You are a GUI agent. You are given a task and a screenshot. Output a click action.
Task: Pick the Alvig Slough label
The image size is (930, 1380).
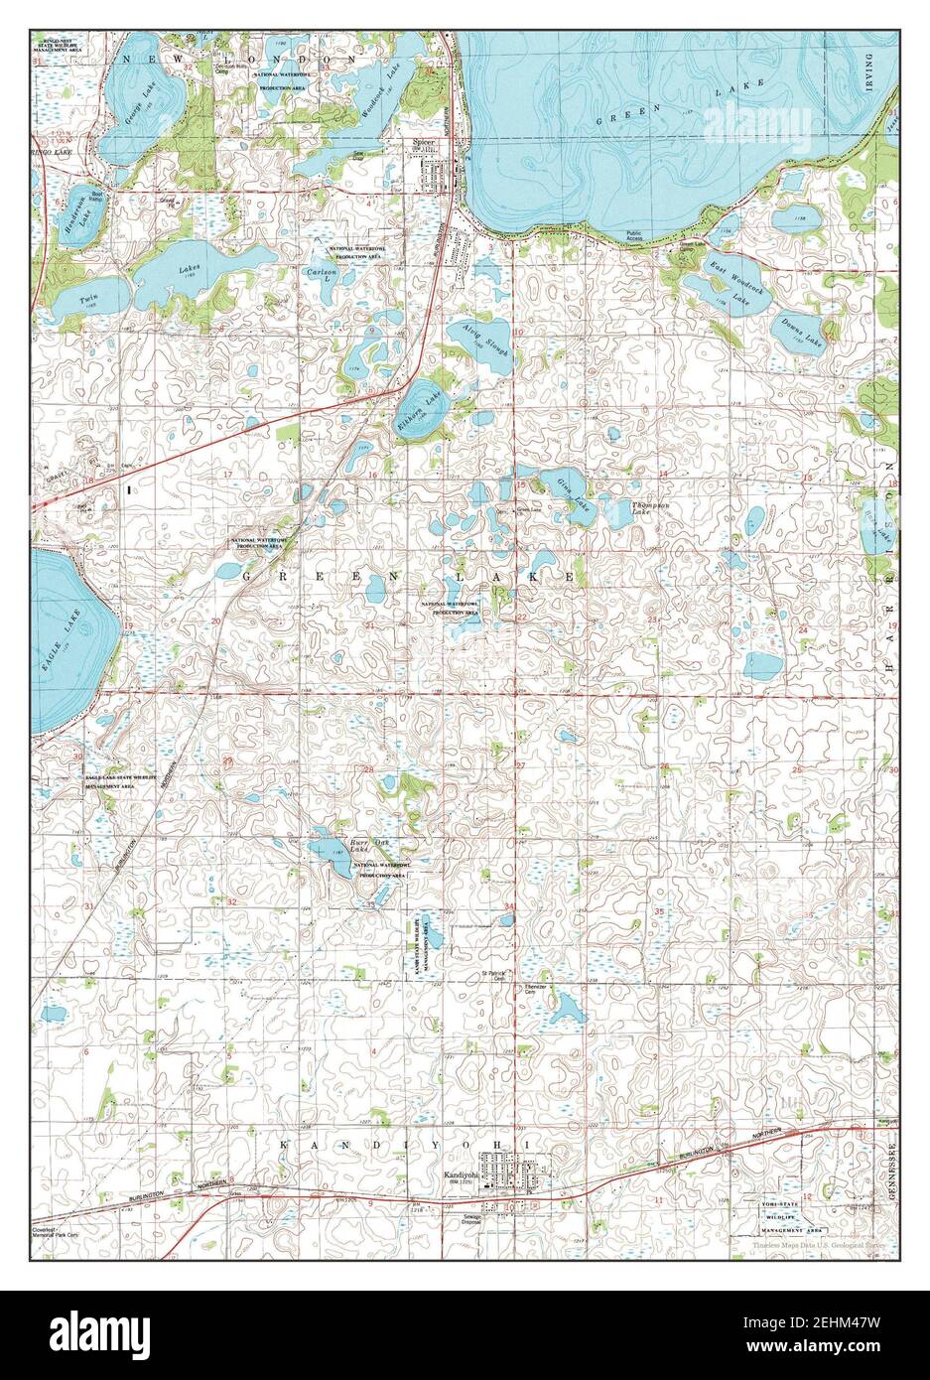click(483, 339)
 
